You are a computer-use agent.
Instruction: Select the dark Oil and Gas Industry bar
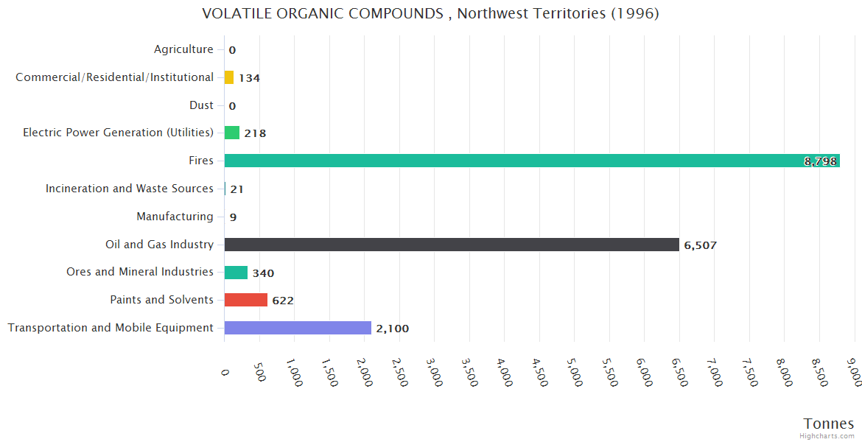click(x=451, y=245)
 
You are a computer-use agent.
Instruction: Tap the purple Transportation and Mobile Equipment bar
click(x=298, y=328)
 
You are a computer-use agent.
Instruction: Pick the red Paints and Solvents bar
click(x=245, y=300)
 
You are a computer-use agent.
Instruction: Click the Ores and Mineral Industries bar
click(x=236, y=273)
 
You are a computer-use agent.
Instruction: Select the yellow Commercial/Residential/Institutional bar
click(x=229, y=77)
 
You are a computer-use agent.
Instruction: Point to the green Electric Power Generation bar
click(x=232, y=133)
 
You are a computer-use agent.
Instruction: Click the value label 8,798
click(x=820, y=161)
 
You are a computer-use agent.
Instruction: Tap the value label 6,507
click(x=700, y=245)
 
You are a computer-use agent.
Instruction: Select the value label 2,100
click(x=392, y=329)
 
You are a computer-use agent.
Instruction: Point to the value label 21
click(x=236, y=189)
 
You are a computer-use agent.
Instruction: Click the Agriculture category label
click(x=183, y=49)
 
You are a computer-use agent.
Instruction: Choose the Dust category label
click(x=201, y=105)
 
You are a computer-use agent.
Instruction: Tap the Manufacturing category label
click(x=175, y=217)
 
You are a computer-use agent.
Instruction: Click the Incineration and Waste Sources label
click(x=130, y=189)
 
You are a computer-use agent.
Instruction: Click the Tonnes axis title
click(x=828, y=423)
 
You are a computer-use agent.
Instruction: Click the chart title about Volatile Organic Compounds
click(x=430, y=13)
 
